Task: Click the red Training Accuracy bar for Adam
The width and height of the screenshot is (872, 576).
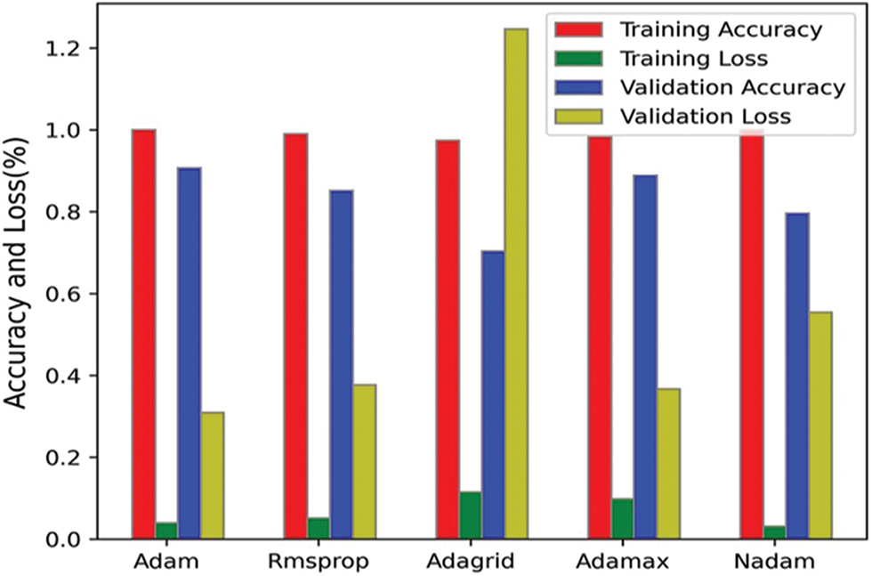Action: coord(143,334)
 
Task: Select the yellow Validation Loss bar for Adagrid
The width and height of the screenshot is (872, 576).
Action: coord(515,284)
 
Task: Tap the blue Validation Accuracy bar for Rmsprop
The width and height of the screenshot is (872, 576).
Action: coord(341,364)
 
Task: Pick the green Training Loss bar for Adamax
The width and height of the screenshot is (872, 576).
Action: coord(621,519)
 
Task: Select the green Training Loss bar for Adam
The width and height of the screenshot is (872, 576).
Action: coord(166,531)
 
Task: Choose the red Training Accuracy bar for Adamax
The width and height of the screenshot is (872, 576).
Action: coord(599,337)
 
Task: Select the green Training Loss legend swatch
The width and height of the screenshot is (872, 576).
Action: coord(579,59)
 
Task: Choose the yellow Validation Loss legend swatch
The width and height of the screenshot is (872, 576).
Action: coord(579,116)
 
